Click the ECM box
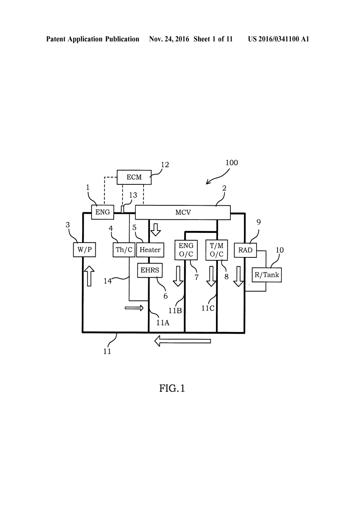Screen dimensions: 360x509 click(x=134, y=177)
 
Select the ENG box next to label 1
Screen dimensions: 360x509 click(x=103, y=212)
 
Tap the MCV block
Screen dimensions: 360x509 click(x=183, y=212)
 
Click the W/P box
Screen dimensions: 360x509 click(x=84, y=250)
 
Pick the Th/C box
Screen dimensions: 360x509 click(x=124, y=250)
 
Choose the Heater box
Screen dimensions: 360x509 click(x=150, y=250)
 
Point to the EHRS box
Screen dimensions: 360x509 click(x=150, y=270)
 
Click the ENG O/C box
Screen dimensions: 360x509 click(x=186, y=250)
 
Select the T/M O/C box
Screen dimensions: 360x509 click(x=217, y=250)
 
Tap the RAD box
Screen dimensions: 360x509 click(x=245, y=250)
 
